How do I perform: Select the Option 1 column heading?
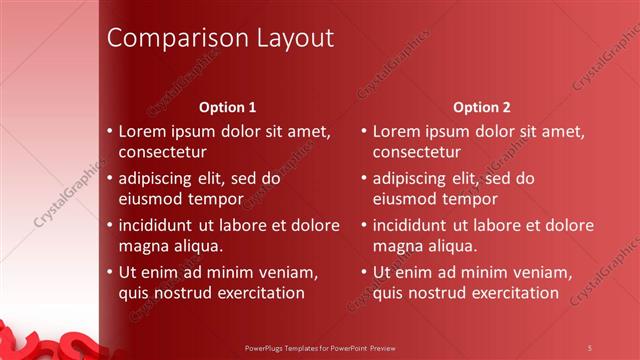227,106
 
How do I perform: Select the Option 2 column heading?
481,106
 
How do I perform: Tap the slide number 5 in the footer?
590,347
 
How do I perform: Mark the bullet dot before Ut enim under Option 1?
109,272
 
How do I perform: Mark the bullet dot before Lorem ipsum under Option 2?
363,131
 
